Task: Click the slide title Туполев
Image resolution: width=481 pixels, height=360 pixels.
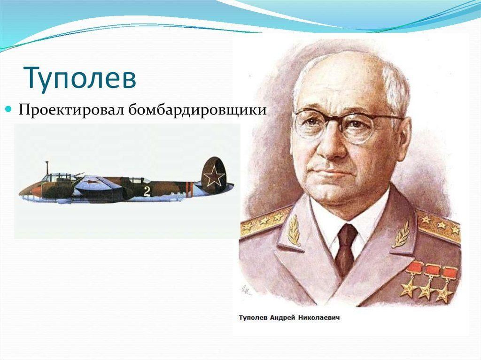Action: pyautogui.click(x=80, y=78)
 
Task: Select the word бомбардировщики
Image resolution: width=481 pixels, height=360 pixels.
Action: pyautogui.click(x=197, y=110)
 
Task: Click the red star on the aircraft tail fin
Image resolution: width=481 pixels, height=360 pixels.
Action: pyautogui.click(x=214, y=176)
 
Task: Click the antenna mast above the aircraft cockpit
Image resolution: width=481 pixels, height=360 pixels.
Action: pyautogui.click(x=47, y=168)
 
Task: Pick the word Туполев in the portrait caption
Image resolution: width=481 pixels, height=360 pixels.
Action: pyautogui.click(x=253, y=318)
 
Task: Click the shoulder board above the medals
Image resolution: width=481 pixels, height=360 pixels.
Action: pyautogui.click(x=439, y=225)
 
